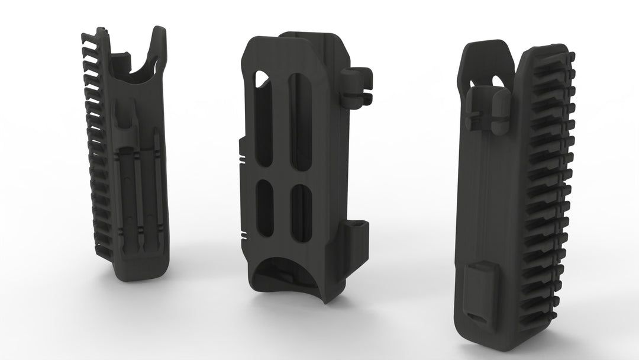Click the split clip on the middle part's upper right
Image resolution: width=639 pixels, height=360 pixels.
(x=357, y=86)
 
